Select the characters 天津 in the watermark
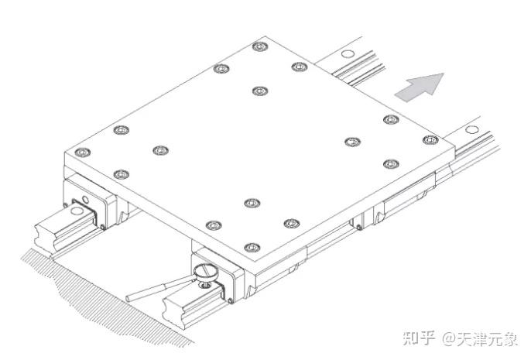pyautogui.click(x=472, y=338)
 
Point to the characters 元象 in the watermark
pyautogui.click(x=503, y=338)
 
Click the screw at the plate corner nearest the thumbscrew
pyautogui.click(x=248, y=248)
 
